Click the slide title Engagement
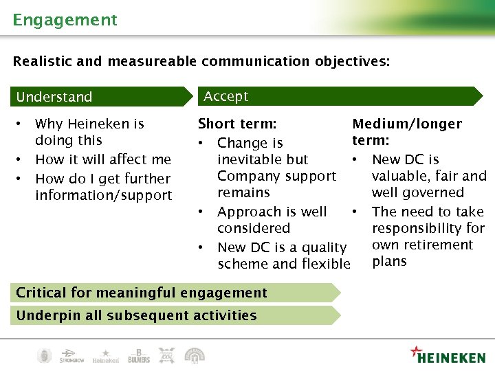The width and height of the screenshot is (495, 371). (x=65, y=20)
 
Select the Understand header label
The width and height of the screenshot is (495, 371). (x=54, y=97)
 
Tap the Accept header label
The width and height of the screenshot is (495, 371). (x=225, y=96)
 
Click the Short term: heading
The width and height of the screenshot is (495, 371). (x=237, y=124)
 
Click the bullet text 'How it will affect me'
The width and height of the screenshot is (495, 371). (x=102, y=159)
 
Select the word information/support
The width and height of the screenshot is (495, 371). (x=103, y=195)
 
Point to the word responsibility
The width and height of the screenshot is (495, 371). (x=428, y=228)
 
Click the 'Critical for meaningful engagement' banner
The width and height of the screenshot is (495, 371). (x=141, y=293)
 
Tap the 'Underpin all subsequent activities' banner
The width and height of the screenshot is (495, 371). (x=136, y=316)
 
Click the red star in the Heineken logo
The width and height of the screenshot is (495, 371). (x=416, y=351)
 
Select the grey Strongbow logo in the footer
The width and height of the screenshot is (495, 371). (x=71, y=356)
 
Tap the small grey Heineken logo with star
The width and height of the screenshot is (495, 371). (x=105, y=355)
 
